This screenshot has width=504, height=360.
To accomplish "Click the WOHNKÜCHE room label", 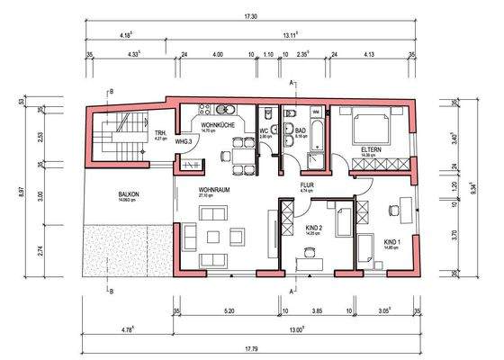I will click(219, 126).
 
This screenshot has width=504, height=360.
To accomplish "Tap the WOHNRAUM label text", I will click(215, 190).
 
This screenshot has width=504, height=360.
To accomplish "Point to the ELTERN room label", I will click(373, 149).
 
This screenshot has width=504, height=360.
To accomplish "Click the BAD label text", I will click(301, 130).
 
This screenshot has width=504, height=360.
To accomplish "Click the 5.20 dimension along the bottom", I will click(229, 310).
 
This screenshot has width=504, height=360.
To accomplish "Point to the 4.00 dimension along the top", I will click(217, 56).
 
